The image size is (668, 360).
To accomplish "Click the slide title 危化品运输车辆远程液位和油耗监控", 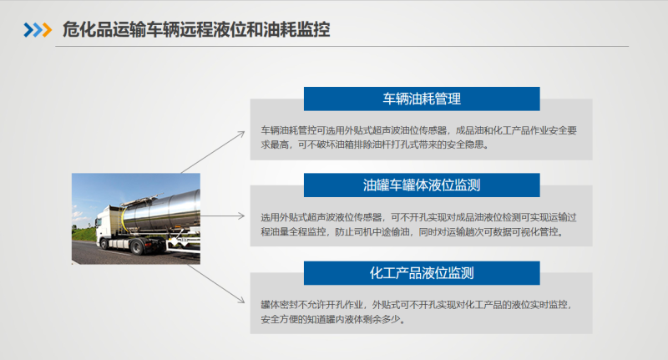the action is [x=196, y=30].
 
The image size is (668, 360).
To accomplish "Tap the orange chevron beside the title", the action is [x=47, y=30].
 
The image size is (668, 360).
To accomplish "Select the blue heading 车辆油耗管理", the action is [x=422, y=99].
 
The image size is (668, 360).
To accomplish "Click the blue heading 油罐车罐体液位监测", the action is [x=422, y=185].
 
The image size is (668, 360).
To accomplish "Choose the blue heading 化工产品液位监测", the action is [x=422, y=272].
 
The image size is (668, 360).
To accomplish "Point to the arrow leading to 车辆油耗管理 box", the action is [x=213, y=152].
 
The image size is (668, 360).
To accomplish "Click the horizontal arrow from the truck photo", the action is [x=222, y=216].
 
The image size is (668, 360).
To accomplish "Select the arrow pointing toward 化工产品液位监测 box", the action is [x=216, y=284].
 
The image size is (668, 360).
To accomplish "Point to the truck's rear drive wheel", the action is [x=136, y=246].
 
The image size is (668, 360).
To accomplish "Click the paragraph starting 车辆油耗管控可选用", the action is [x=419, y=138].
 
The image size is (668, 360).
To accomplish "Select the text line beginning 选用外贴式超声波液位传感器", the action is [x=419, y=217].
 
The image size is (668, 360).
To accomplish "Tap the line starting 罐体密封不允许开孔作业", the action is [x=416, y=305].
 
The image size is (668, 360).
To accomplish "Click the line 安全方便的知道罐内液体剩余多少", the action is [x=332, y=319].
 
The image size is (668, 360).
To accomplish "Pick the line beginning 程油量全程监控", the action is [x=412, y=231].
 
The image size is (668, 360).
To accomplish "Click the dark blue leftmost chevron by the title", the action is [x=28, y=30].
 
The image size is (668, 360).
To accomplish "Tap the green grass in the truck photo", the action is [x=84, y=234].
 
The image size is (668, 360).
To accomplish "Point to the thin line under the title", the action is [x=342, y=46].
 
